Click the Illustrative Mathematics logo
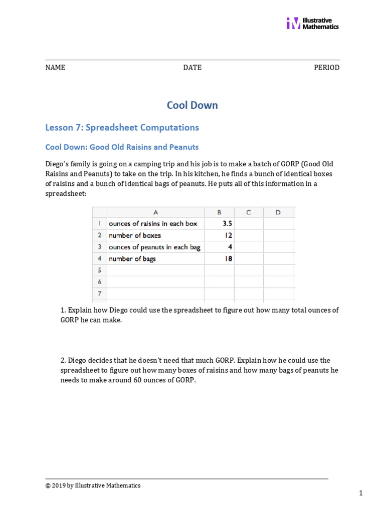coord(312,23)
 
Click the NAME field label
coord(55,68)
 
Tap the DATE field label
coord(192,68)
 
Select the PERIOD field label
coord(326,68)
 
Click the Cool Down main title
coord(192,105)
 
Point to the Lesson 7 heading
coord(122,127)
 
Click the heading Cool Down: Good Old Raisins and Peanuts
coord(122,147)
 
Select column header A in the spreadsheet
coord(155,212)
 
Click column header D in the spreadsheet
coord(278,212)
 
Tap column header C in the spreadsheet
coord(248,212)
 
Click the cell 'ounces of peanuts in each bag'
coord(154,247)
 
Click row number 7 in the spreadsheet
coord(100,294)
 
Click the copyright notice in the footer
coord(93,485)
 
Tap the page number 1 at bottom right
coord(360,493)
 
